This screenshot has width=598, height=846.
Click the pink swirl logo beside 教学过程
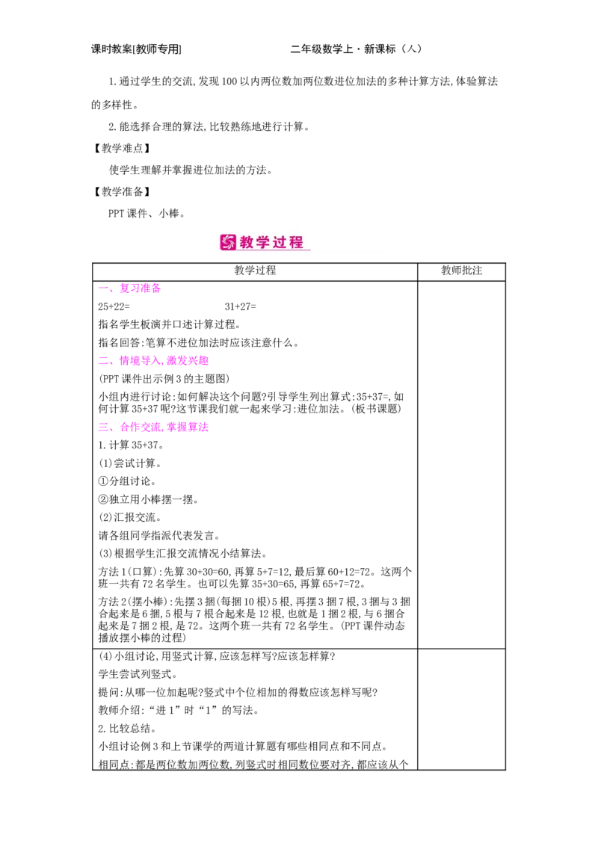click(228, 242)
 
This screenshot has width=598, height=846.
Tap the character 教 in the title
click(248, 242)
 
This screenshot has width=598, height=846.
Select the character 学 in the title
click(265, 242)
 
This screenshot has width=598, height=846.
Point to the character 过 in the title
click(282, 242)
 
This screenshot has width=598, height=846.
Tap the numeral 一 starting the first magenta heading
click(103, 288)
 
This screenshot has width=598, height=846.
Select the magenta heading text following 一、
click(141, 288)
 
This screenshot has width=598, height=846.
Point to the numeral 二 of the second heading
click(103, 361)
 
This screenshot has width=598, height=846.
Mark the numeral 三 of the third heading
click(103, 428)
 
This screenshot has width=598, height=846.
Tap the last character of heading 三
click(204, 428)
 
